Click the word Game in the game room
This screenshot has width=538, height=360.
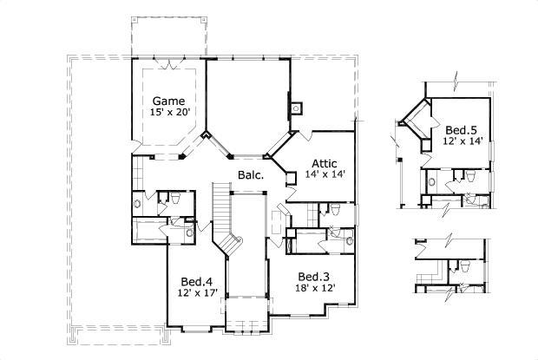(167, 100)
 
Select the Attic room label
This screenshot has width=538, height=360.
(325, 161)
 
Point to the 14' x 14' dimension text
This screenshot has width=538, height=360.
(325, 174)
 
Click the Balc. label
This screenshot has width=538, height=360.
(252, 176)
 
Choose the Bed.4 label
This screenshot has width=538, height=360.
(197, 281)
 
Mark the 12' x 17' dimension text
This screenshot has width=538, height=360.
(197, 294)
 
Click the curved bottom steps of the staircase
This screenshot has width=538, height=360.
(227, 244)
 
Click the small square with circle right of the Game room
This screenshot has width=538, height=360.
(296, 108)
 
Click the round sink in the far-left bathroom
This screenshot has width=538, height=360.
(136, 204)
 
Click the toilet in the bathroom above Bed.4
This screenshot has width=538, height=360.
(174, 199)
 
